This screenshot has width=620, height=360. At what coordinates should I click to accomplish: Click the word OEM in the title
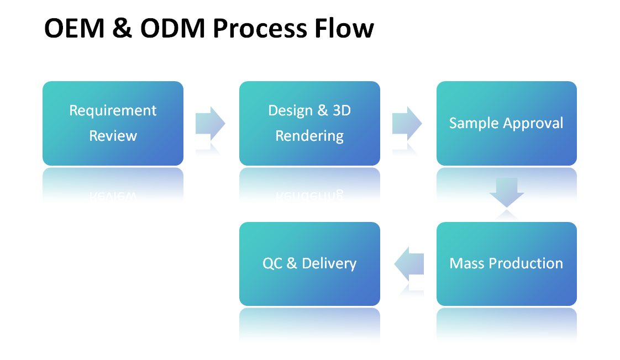pos(73,29)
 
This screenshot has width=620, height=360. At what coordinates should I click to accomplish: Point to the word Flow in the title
pos(343,29)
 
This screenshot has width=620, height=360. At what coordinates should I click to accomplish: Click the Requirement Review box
pos(113,123)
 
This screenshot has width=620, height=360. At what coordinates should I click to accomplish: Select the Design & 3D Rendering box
pos(309,123)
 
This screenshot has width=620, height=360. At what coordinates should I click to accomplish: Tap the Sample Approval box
pos(506,123)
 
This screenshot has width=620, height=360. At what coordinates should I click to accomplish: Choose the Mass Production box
pos(506,264)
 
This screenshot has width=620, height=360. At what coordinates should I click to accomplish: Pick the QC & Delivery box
pos(309,264)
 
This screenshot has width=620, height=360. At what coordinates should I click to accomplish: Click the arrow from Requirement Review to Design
pos(211,123)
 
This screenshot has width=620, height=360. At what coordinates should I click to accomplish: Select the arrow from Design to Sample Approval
pos(407,123)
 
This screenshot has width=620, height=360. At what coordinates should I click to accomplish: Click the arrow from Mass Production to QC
pos(409,263)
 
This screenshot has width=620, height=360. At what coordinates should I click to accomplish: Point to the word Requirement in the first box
pos(113,111)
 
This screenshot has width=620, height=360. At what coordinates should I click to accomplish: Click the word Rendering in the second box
pos(309,136)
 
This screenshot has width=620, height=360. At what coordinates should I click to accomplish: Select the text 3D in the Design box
pos(340,110)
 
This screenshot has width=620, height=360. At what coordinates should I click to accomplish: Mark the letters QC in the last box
pos(272,263)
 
